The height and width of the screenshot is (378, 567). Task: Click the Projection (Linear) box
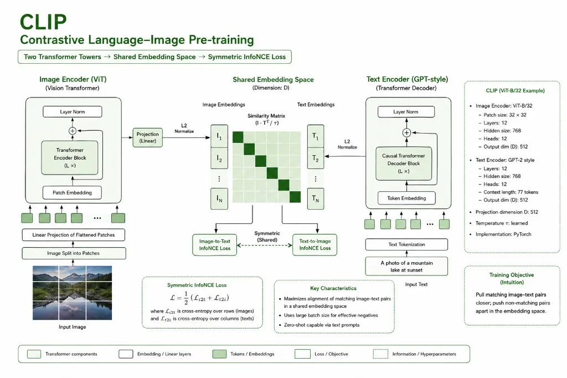[x=147, y=137]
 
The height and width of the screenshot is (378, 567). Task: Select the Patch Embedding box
[x=72, y=193]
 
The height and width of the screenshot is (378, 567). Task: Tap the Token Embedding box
[x=406, y=198]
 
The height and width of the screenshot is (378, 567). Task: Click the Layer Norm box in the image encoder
[x=73, y=111]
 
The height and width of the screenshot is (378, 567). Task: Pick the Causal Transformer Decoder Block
[x=404, y=164]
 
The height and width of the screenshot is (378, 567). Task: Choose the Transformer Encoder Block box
[x=70, y=158]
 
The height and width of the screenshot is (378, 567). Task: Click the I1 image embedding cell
[x=219, y=136]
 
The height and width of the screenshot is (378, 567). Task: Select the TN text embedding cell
[x=315, y=198]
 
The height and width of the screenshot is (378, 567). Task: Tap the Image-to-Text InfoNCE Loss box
[x=215, y=245]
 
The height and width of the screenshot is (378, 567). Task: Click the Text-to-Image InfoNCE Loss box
[x=315, y=245]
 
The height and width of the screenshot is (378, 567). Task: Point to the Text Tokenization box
[x=406, y=244]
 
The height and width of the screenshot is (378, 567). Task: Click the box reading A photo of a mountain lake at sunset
[x=406, y=267]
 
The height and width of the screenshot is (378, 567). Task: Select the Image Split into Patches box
[x=74, y=253]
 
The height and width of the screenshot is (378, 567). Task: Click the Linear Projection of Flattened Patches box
[x=74, y=235]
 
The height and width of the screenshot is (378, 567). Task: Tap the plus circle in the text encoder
[x=406, y=133]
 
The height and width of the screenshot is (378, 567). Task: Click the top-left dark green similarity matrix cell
[x=238, y=137]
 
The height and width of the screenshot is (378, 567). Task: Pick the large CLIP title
[x=43, y=22]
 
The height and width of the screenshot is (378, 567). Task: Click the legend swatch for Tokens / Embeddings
[x=219, y=354]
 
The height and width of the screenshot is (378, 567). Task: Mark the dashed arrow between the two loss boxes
[x=265, y=245]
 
